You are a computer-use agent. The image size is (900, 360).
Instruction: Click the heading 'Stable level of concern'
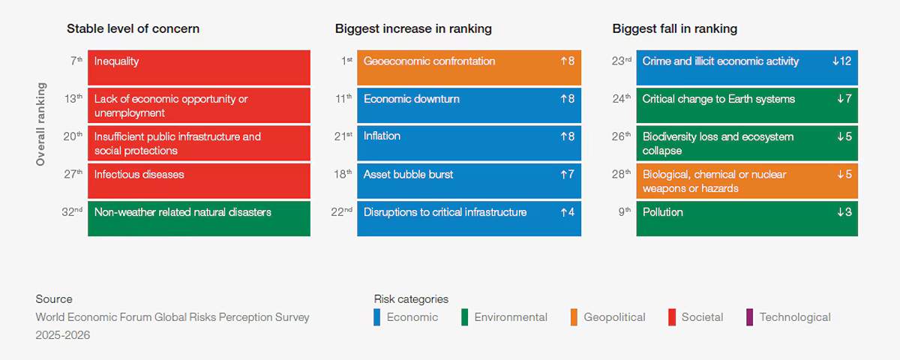point(133,29)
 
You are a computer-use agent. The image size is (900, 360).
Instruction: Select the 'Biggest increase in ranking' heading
point(413,29)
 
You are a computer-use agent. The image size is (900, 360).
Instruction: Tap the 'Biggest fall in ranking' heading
point(674,29)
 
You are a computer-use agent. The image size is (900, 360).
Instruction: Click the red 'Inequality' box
point(199,67)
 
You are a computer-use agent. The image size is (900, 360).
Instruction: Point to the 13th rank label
point(73,98)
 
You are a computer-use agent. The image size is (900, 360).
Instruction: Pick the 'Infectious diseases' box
point(199,181)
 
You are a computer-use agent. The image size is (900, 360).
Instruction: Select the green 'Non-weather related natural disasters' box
point(199,218)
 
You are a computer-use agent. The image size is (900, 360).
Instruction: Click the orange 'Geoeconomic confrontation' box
point(469,67)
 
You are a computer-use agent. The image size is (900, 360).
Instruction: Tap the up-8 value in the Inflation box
point(567,136)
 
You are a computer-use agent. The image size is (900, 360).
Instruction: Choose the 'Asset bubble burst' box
point(469,181)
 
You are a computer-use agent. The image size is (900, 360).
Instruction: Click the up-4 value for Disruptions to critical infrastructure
point(567,212)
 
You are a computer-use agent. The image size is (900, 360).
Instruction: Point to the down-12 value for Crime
point(841,61)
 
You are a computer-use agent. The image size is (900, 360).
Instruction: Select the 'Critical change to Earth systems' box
point(747,105)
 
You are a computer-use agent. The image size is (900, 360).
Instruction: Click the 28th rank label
point(621,174)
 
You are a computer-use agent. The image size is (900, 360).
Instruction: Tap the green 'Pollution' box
point(747,218)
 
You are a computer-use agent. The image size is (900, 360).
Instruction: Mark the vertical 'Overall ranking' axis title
point(40,124)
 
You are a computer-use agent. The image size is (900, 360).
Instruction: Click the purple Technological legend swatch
point(749,317)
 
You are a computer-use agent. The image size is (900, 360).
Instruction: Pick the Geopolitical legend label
point(614,317)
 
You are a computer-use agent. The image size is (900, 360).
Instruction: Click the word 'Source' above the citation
point(54,299)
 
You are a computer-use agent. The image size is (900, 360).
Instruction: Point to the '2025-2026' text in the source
point(63,335)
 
